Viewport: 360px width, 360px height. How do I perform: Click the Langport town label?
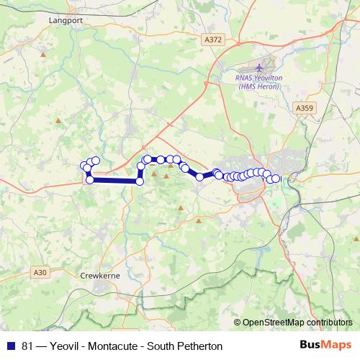coord(67,21)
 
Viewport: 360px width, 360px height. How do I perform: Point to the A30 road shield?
coord(40,272)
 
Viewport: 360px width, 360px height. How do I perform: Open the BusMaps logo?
coord(325,346)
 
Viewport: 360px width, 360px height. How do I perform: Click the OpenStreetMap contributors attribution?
coord(297,323)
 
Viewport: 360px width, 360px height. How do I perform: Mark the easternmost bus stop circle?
coord(276,179)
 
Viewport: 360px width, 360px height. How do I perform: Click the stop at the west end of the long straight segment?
coord(90,180)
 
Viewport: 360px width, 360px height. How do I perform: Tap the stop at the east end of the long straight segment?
coord(140,181)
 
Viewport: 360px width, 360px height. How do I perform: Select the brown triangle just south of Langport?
coord(44,54)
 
